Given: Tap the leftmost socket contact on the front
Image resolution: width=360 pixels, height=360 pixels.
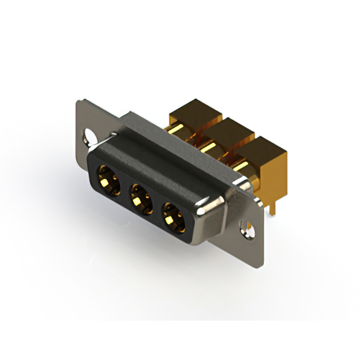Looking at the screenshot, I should [109, 179].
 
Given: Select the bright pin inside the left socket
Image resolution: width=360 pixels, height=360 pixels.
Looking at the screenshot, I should [107, 181].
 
